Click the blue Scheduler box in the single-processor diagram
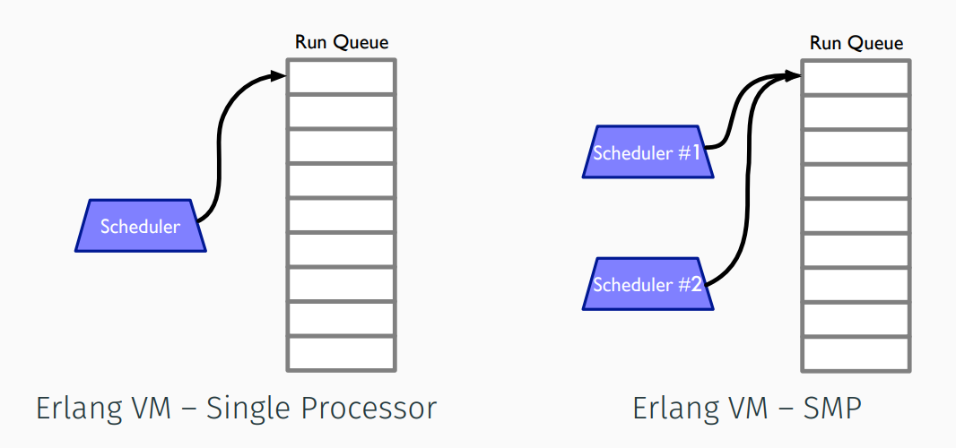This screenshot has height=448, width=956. point(141,226)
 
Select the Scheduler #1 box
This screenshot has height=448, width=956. point(647,152)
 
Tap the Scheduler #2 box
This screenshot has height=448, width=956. point(647,285)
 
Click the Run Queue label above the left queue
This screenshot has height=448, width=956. point(342,42)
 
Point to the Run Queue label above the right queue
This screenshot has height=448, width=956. point(856,43)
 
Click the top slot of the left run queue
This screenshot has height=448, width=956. point(342,77)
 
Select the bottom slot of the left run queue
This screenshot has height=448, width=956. point(342,353)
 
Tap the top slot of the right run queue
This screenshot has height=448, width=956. point(856,77)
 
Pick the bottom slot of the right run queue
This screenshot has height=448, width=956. point(856,353)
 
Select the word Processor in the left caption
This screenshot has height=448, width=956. point(368,409)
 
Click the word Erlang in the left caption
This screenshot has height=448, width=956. point(78,409)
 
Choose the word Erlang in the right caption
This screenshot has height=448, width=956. point(675,409)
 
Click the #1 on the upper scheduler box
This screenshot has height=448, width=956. point(690,152)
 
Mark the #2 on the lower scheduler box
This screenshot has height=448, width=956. point(690,285)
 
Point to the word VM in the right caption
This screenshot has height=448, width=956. point(749,409)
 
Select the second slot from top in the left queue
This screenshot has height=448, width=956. point(342,112)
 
